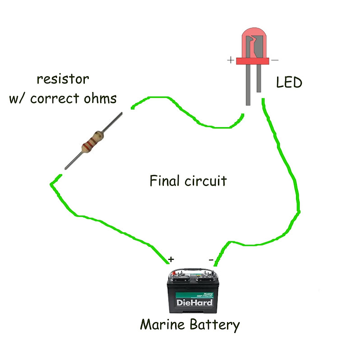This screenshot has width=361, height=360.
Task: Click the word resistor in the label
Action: pos(63,79)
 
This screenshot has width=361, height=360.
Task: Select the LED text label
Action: pos(289,83)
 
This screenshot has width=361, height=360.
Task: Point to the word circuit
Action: pos(206,181)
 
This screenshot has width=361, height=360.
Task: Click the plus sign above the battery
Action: pos(171,259)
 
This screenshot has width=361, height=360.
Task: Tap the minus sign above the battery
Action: pos(211,259)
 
